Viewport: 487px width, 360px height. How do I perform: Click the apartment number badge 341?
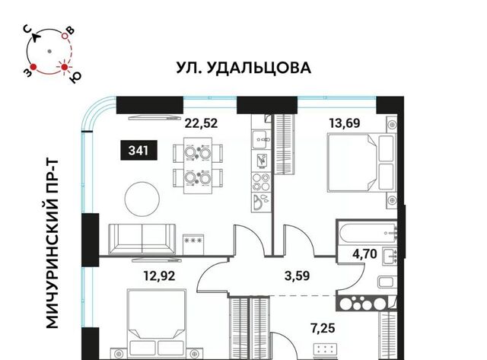point(138,151)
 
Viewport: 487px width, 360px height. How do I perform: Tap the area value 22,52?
point(201,123)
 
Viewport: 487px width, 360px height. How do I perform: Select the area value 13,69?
point(345,123)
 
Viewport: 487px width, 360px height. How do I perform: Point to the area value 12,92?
point(159,276)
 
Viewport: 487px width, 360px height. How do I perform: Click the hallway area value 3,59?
point(298,276)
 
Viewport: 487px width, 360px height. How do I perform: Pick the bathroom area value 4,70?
point(364,253)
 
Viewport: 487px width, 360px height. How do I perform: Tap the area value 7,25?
point(323,328)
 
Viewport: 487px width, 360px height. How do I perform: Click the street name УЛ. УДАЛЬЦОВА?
point(243,68)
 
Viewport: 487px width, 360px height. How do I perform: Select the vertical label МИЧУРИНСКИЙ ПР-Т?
point(53,244)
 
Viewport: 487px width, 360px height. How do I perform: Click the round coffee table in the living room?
point(142,199)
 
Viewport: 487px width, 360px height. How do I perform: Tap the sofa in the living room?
point(142,239)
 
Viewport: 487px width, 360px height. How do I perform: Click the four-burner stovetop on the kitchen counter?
point(261,183)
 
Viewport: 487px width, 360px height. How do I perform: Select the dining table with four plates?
point(198,166)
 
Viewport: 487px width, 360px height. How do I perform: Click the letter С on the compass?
point(28,30)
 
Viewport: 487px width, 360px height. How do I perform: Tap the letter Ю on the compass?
point(75,77)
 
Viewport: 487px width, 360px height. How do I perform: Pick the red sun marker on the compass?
point(64,67)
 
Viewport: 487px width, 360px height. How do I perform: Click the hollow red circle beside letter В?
point(65,36)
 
